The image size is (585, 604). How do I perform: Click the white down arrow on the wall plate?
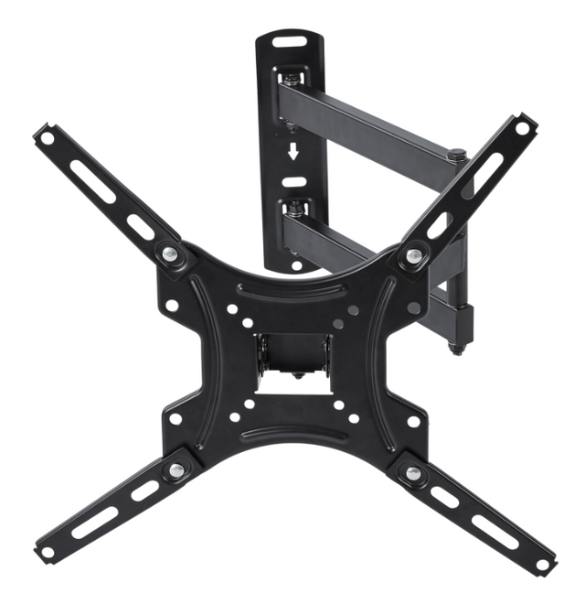[292, 151]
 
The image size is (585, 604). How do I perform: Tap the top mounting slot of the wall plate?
[290, 41]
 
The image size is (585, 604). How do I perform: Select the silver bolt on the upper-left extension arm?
[171, 253]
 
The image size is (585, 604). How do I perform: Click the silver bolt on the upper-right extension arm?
[414, 255]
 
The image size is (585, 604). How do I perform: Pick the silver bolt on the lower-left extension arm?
[174, 470]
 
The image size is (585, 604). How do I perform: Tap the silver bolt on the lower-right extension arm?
[413, 472]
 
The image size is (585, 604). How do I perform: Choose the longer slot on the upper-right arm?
[483, 173]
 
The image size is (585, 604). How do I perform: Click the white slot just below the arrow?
[292, 180]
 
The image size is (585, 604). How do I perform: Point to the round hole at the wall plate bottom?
[295, 265]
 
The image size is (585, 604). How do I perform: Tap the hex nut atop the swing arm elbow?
[457, 156]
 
